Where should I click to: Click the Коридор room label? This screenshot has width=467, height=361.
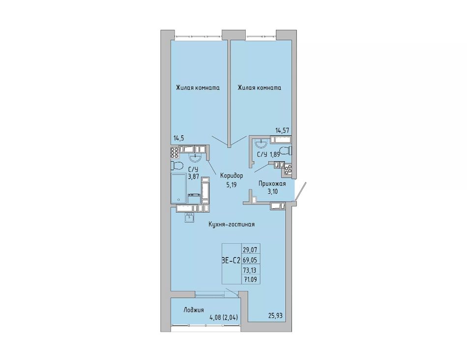[x=232, y=176]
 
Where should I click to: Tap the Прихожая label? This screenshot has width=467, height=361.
[x=272, y=183]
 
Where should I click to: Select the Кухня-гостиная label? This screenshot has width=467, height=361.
[x=232, y=224]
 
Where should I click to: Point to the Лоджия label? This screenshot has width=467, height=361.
[x=194, y=310]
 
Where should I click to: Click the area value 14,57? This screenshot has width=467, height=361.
[x=282, y=130]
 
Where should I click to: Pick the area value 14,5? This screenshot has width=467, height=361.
[x=179, y=138]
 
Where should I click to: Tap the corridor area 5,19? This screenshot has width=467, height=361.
[x=232, y=185]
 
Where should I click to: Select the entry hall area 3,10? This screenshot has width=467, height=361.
[x=272, y=192]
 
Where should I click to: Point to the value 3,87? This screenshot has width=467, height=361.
[x=193, y=177]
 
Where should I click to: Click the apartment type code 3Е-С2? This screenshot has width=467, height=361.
[x=231, y=261]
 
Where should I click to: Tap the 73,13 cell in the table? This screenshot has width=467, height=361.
[x=250, y=270]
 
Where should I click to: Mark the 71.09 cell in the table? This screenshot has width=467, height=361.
[x=250, y=280]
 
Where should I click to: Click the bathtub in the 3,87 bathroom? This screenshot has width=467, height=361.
[x=179, y=188]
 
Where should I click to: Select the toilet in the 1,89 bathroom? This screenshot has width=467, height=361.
[x=287, y=150]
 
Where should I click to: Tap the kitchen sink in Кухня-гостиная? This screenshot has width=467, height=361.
[x=189, y=217]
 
